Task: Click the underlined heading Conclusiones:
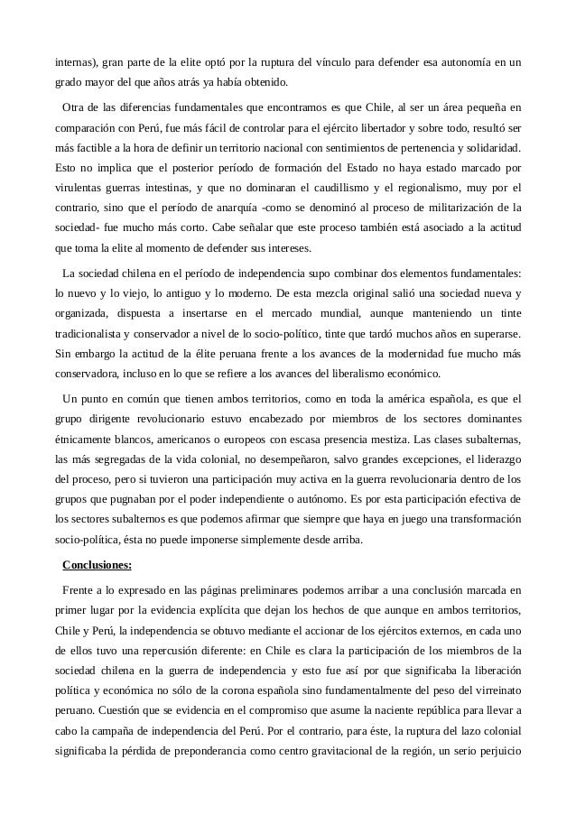click(x=97, y=566)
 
